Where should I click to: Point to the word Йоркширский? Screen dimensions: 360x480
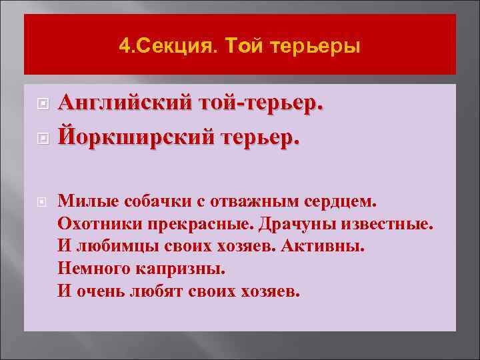[131, 137]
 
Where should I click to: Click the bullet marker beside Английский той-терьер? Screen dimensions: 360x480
[41, 105]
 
